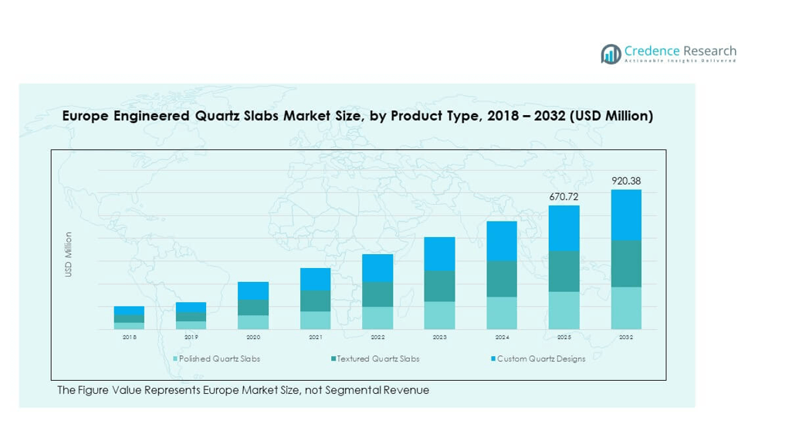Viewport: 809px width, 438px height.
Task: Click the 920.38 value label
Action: (x=626, y=182)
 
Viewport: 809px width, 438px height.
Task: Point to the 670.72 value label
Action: (x=564, y=197)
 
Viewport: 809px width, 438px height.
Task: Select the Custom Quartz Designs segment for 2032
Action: (x=626, y=215)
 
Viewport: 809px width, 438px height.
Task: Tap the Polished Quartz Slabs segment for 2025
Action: (x=564, y=311)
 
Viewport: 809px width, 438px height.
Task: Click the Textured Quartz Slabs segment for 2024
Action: (x=502, y=279)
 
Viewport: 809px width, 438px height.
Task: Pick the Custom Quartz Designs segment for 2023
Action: (x=439, y=254)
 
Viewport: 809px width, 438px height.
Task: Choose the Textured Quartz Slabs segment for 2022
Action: (x=377, y=294)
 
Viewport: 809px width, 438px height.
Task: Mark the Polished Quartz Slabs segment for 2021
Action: (x=315, y=321)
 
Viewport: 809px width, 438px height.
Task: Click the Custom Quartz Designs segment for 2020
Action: (x=253, y=290)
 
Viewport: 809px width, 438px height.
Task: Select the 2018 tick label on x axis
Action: (x=129, y=338)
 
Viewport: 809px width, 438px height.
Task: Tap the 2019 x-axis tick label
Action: (x=191, y=338)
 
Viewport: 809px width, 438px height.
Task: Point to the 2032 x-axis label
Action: (x=626, y=338)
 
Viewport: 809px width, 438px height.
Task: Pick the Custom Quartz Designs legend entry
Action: (x=540, y=359)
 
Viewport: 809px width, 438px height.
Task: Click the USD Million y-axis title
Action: (x=69, y=255)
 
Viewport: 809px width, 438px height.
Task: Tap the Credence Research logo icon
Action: (x=611, y=54)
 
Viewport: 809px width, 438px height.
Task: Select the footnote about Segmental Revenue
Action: (x=242, y=390)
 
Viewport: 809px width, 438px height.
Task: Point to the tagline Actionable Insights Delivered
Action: (x=679, y=61)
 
